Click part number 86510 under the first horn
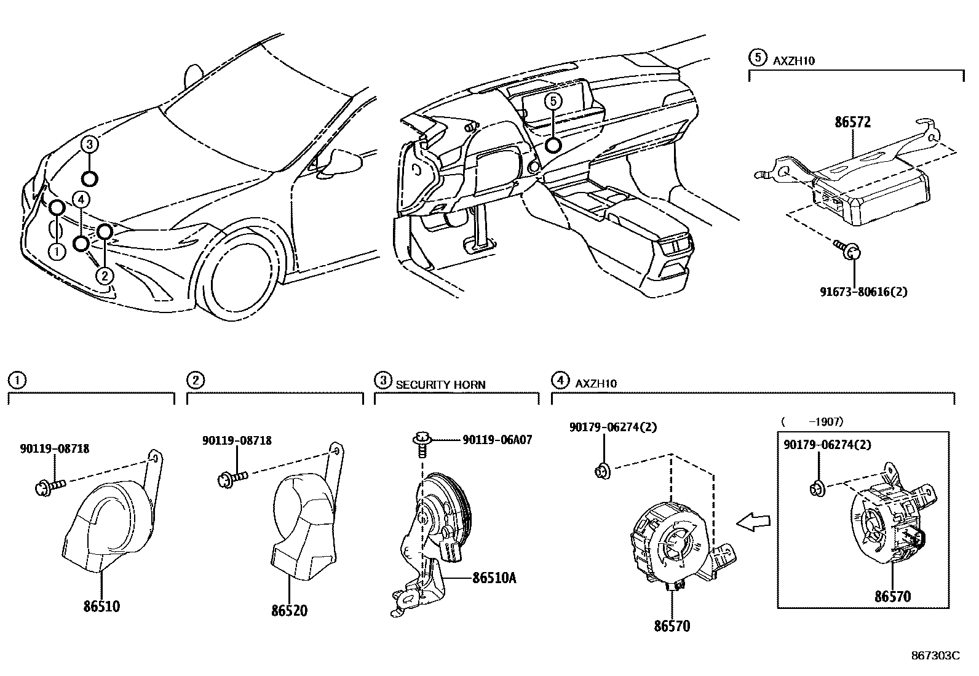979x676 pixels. click(102, 606)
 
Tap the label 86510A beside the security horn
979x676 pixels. click(494, 578)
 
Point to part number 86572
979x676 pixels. click(852, 122)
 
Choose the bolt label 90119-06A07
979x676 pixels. click(497, 439)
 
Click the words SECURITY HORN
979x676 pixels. click(440, 384)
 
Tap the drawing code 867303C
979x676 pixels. click(935, 656)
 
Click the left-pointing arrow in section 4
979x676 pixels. click(754, 522)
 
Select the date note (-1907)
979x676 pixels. click(812, 421)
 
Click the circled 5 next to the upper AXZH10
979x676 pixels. click(758, 58)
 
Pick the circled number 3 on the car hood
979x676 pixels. click(90, 145)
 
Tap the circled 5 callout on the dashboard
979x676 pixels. click(553, 101)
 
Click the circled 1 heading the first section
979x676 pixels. click(17, 380)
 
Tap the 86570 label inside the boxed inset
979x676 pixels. click(893, 595)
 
